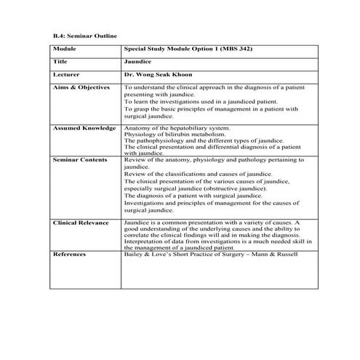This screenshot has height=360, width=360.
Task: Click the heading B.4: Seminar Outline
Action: click(84, 35)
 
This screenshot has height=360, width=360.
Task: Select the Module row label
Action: click(65, 49)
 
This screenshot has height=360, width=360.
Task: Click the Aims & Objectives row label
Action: click(81, 87)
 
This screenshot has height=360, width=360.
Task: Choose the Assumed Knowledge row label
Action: click(84, 128)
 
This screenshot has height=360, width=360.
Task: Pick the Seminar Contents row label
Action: click(80, 159)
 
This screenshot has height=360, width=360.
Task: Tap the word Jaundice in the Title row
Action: click(137, 61)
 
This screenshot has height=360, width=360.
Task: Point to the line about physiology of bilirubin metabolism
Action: click(181, 135)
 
